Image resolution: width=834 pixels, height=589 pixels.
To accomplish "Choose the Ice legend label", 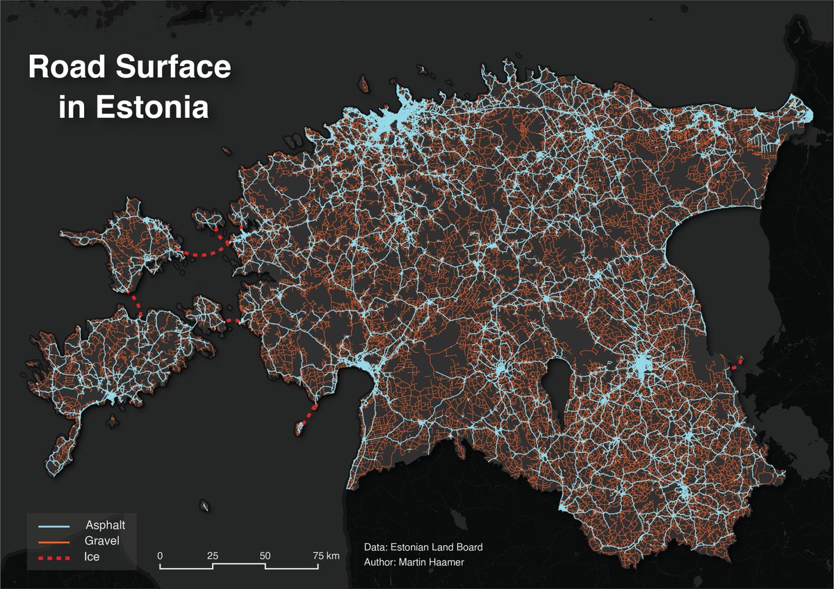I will [91, 556].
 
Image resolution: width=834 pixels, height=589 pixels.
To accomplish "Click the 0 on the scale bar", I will [160, 556].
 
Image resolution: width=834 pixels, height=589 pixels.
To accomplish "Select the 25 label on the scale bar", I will [213, 556].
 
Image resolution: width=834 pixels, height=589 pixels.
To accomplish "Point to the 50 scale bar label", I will [265, 556].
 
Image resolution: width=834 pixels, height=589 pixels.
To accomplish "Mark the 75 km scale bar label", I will [325, 556].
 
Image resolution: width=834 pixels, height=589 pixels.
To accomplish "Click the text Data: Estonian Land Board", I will [423, 547].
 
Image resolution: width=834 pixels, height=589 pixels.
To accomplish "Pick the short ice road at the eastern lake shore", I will [737, 363].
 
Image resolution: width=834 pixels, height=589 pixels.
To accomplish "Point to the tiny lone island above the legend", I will [204, 505].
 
